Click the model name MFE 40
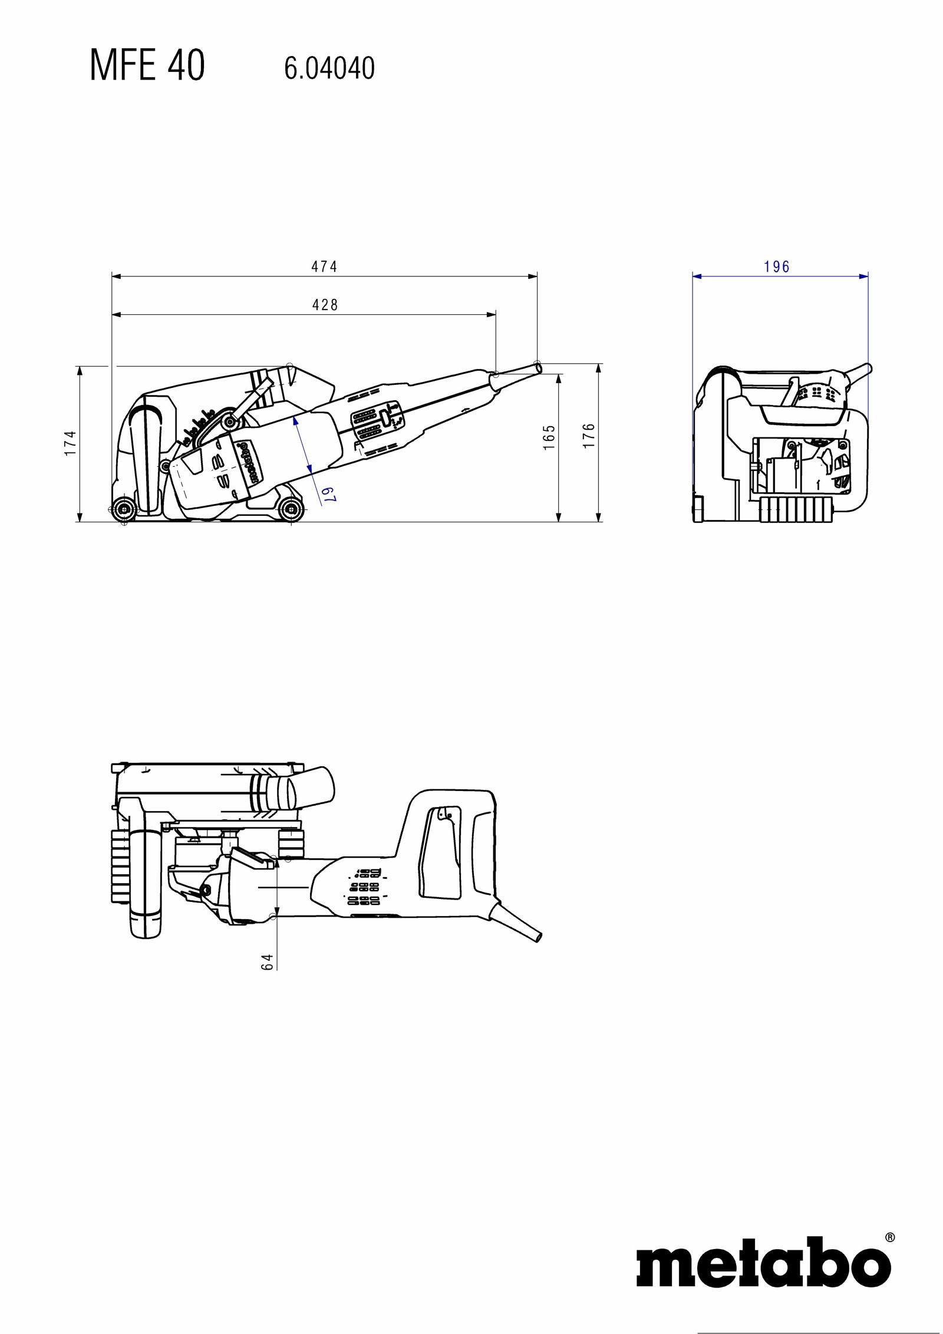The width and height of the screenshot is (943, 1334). tap(147, 65)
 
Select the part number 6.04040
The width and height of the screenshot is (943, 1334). tap(329, 68)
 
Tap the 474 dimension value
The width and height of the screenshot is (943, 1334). tap(324, 267)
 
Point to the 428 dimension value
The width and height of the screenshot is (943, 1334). tap(325, 305)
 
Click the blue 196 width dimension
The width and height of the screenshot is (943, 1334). tap(777, 267)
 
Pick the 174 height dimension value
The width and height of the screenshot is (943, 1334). tap(71, 443)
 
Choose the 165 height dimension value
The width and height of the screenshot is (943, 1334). tap(549, 437)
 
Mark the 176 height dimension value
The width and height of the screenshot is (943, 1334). tap(589, 436)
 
